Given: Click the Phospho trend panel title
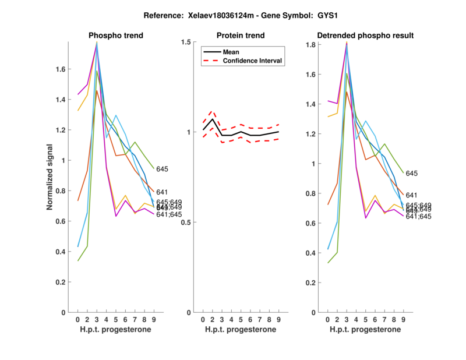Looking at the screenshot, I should click(115, 36).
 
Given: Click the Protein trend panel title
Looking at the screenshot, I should click(240, 36).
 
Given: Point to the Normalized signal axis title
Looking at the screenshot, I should click(50, 177).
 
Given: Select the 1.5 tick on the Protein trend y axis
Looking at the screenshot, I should click(187, 42).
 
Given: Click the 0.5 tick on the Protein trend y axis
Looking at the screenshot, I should click(187, 222).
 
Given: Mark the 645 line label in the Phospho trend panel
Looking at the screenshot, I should click(162, 169).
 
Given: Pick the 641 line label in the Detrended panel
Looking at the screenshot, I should click(411, 195).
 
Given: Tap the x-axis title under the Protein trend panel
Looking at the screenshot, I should click(240, 330).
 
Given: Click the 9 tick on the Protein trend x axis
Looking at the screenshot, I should click(279, 319).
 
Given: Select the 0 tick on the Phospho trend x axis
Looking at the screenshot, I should click(77, 319).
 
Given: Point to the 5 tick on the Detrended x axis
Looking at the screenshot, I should click(365, 319).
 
